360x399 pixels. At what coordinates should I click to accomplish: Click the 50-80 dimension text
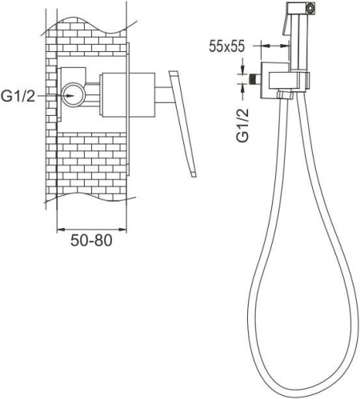point(91,241)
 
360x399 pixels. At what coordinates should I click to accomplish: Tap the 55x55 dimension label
point(226,46)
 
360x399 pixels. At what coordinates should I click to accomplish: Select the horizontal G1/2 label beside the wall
point(18,96)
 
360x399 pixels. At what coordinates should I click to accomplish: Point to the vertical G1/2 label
point(242,126)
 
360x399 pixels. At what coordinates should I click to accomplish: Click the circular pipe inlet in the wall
point(74,95)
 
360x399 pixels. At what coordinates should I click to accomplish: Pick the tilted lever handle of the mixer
point(182,124)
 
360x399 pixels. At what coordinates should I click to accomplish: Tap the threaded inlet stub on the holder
point(255,79)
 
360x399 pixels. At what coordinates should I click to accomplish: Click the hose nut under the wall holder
point(286,95)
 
